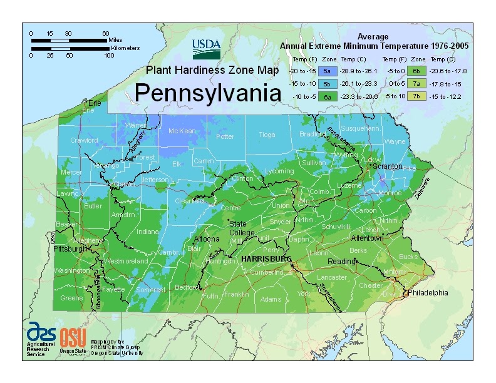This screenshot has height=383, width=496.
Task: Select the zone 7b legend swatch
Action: (416, 96)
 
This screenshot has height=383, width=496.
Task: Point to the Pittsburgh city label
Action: (70, 249)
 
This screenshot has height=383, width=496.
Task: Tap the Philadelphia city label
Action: (428, 292)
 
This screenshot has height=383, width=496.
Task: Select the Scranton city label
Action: (386, 167)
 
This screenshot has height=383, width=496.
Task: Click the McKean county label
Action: (182, 131)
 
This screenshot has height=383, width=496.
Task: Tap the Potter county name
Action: (225, 136)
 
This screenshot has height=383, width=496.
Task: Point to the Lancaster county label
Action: (331, 277)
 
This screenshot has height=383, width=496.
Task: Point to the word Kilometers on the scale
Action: (125, 48)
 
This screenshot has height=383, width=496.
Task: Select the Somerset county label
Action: (150, 290)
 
